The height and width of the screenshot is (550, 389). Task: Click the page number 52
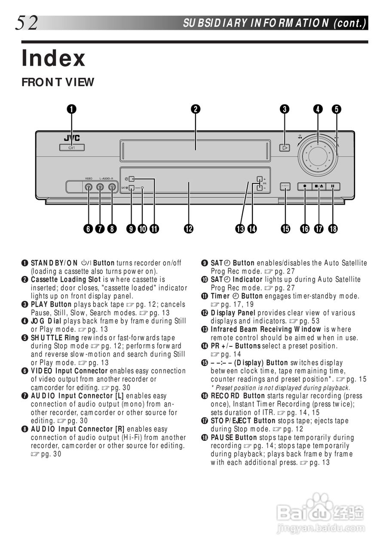click(x=27, y=22)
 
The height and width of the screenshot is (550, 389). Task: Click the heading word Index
click(x=54, y=58)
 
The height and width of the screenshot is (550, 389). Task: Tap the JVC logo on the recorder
click(x=71, y=138)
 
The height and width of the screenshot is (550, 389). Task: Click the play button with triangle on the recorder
click(x=285, y=148)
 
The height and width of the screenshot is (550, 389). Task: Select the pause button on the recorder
click(x=333, y=186)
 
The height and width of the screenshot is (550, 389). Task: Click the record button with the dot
click(x=305, y=186)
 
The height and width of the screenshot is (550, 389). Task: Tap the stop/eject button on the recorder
click(x=319, y=186)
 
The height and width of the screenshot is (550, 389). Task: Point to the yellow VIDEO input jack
click(x=88, y=187)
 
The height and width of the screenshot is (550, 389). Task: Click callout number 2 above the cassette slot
click(x=196, y=109)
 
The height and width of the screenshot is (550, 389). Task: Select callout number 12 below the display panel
click(x=188, y=229)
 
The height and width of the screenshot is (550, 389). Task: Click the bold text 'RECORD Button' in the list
click(x=238, y=396)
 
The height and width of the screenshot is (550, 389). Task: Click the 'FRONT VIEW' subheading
click(x=58, y=82)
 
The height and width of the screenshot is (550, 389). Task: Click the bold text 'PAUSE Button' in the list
click(x=234, y=437)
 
